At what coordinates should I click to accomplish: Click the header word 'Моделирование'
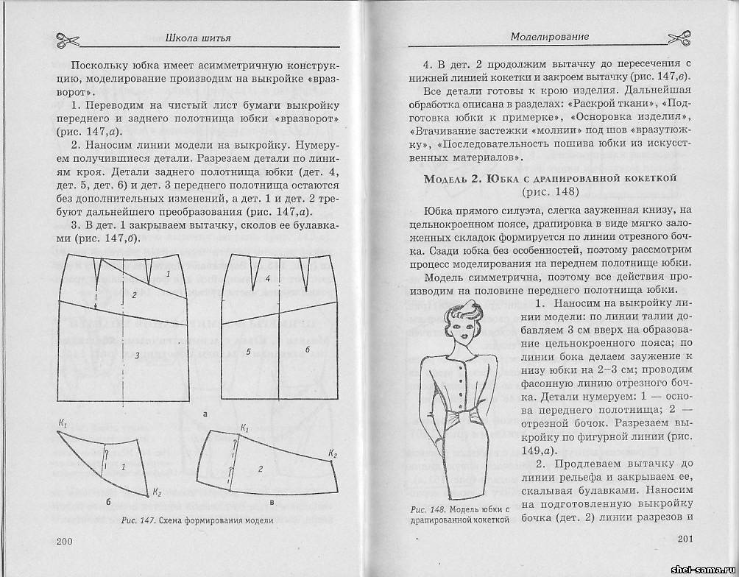pos(550,36)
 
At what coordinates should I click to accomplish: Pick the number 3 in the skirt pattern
pos(136,355)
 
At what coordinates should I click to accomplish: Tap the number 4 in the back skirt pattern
pos(268,278)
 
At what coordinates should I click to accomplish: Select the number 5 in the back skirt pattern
pos(249,353)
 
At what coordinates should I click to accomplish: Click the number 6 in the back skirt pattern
pos(308,349)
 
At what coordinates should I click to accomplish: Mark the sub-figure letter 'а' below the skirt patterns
pos(204,414)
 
